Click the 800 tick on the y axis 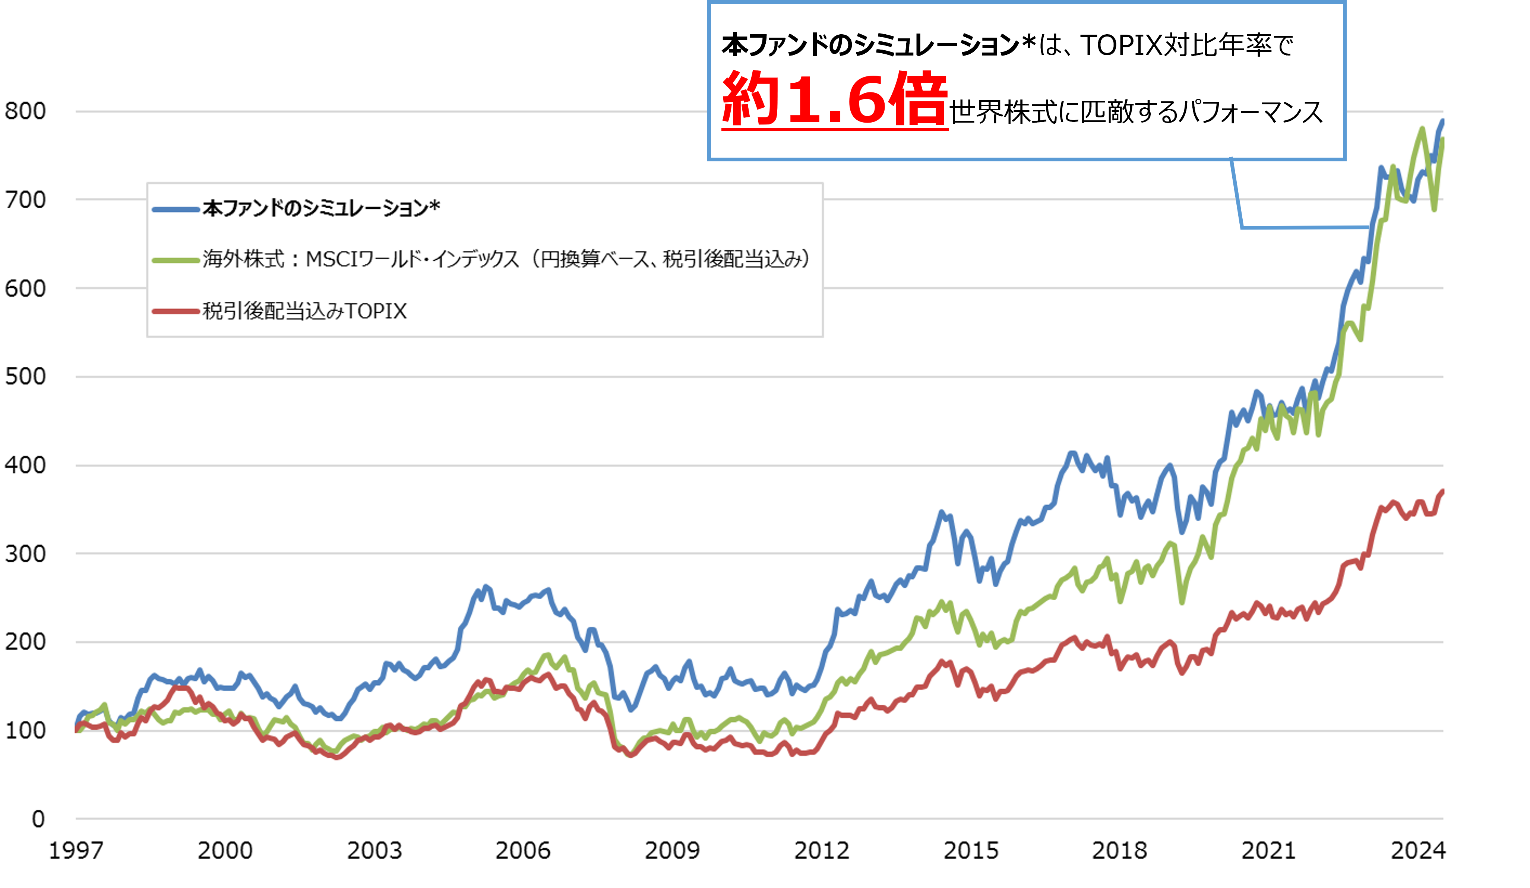pyautogui.click(x=25, y=111)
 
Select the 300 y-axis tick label pyautogui.click(x=25, y=554)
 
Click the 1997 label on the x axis pyautogui.click(x=76, y=850)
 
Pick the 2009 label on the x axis pyautogui.click(x=672, y=850)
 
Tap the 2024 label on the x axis pyautogui.click(x=1418, y=850)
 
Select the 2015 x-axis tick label pyautogui.click(x=971, y=850)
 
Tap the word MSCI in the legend pyautogui.click(x=332, y=260)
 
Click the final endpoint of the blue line pyautogui.click(x=1442, y=121)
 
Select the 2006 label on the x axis pyautogui.click(x=523, y=850)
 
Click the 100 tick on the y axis pyautogui.click(x=25, y=730)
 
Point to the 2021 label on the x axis pyautogui.click(x=1269, y=850)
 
